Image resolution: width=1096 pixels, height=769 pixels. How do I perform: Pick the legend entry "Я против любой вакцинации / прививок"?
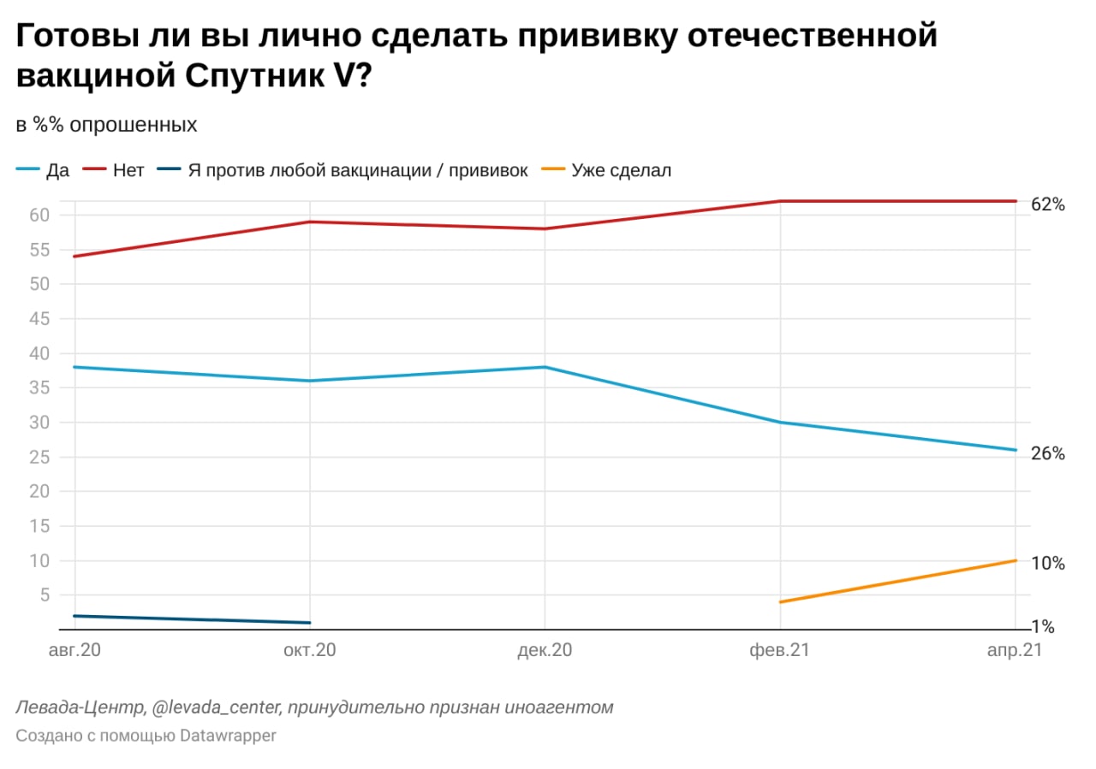(x=343, y=170)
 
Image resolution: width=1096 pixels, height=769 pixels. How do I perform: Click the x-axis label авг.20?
(x=74, y=651)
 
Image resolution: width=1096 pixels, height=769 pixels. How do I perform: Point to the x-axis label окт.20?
(x=309, y=651)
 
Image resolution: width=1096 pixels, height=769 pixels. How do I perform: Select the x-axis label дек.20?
(x=545, y=651)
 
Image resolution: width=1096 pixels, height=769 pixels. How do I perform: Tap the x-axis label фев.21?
(x=779, y=651)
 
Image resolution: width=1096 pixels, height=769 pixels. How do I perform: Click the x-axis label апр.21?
(x=1014, y=651)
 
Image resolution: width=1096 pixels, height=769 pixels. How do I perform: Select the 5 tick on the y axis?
(x=46, y=595)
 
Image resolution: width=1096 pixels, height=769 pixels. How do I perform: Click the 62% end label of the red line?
(x=1047, y=204)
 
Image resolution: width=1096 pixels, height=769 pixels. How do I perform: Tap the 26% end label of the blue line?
(x=1047, y=454)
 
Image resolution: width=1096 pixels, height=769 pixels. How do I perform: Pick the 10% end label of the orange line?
(x=1047, y=564)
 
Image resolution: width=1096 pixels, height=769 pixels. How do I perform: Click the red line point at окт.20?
(x=309, y=222)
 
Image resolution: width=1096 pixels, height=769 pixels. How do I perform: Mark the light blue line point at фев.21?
(x=780, y=423)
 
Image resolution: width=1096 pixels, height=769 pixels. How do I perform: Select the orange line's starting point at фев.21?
(x=780, y=602)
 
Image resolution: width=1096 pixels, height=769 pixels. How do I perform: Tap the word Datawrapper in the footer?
(x=228, y=736)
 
